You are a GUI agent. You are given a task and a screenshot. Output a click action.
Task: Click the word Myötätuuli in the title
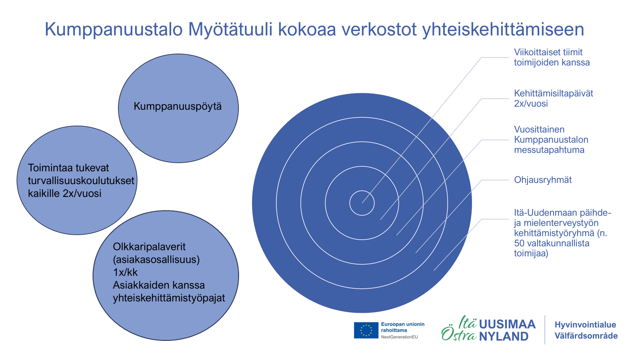(230, 30)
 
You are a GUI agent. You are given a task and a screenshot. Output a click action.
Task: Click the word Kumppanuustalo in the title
(114, 30)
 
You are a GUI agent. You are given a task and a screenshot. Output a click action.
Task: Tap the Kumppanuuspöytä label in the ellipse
(178, 106)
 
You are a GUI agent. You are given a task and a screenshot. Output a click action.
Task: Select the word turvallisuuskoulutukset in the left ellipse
(81, 180)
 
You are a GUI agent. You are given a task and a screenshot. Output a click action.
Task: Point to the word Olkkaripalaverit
(149, 246)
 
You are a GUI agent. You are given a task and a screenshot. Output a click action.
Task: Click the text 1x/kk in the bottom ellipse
(125, 272)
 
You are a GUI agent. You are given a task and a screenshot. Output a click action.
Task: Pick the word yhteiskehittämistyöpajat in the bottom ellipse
(169, 298)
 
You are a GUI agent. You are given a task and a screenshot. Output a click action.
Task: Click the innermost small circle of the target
(362, 190)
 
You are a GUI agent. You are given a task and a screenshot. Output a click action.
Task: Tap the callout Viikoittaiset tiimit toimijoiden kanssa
(552, 58)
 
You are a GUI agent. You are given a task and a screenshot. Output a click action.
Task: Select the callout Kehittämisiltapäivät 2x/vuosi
(554, 98)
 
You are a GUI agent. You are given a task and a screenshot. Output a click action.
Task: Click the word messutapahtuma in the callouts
(549, 150)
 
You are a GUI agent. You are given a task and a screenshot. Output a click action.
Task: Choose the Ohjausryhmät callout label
(543, 180)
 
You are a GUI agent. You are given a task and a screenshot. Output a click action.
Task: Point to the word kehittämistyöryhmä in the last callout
(554, 233)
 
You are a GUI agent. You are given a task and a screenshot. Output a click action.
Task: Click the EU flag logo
(366, 330)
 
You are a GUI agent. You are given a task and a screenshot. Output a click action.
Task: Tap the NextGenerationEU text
(400, 337)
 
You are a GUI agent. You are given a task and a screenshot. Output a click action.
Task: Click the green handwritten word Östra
(459, 334)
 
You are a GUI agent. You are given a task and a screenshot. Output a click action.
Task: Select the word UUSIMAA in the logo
(507, 324)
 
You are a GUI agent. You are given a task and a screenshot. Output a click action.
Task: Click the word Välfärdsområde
(586, 336)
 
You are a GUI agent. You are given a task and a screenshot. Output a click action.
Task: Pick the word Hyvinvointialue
(585, 325)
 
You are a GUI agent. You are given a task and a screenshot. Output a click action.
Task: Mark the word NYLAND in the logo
(504, 336)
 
